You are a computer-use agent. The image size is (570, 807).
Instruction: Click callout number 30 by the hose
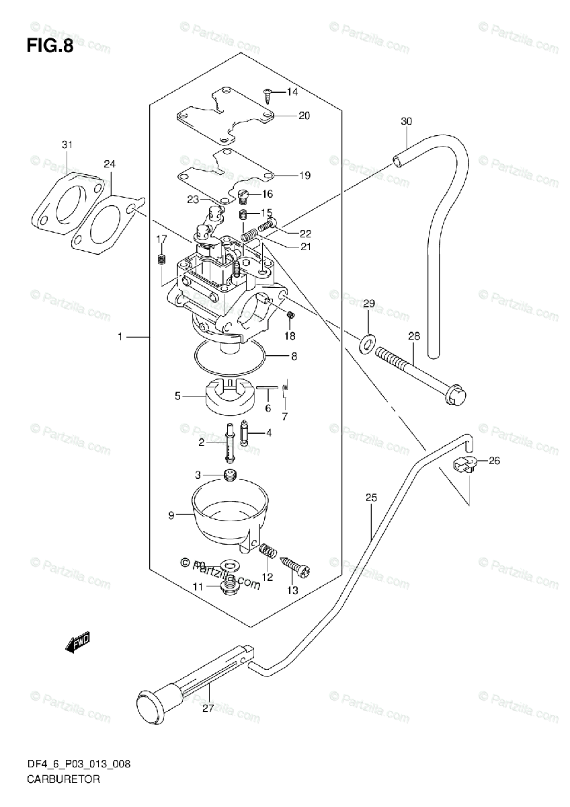pos(405,122)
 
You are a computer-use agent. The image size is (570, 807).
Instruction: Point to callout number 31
pos(67,145)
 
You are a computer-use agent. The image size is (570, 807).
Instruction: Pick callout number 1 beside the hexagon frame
pos(120,336)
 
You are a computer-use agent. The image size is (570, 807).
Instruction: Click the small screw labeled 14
pos(268,91)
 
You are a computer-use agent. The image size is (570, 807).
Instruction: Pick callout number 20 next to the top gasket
pos(304,116)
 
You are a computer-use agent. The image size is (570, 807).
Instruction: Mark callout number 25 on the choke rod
pos(372,498)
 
